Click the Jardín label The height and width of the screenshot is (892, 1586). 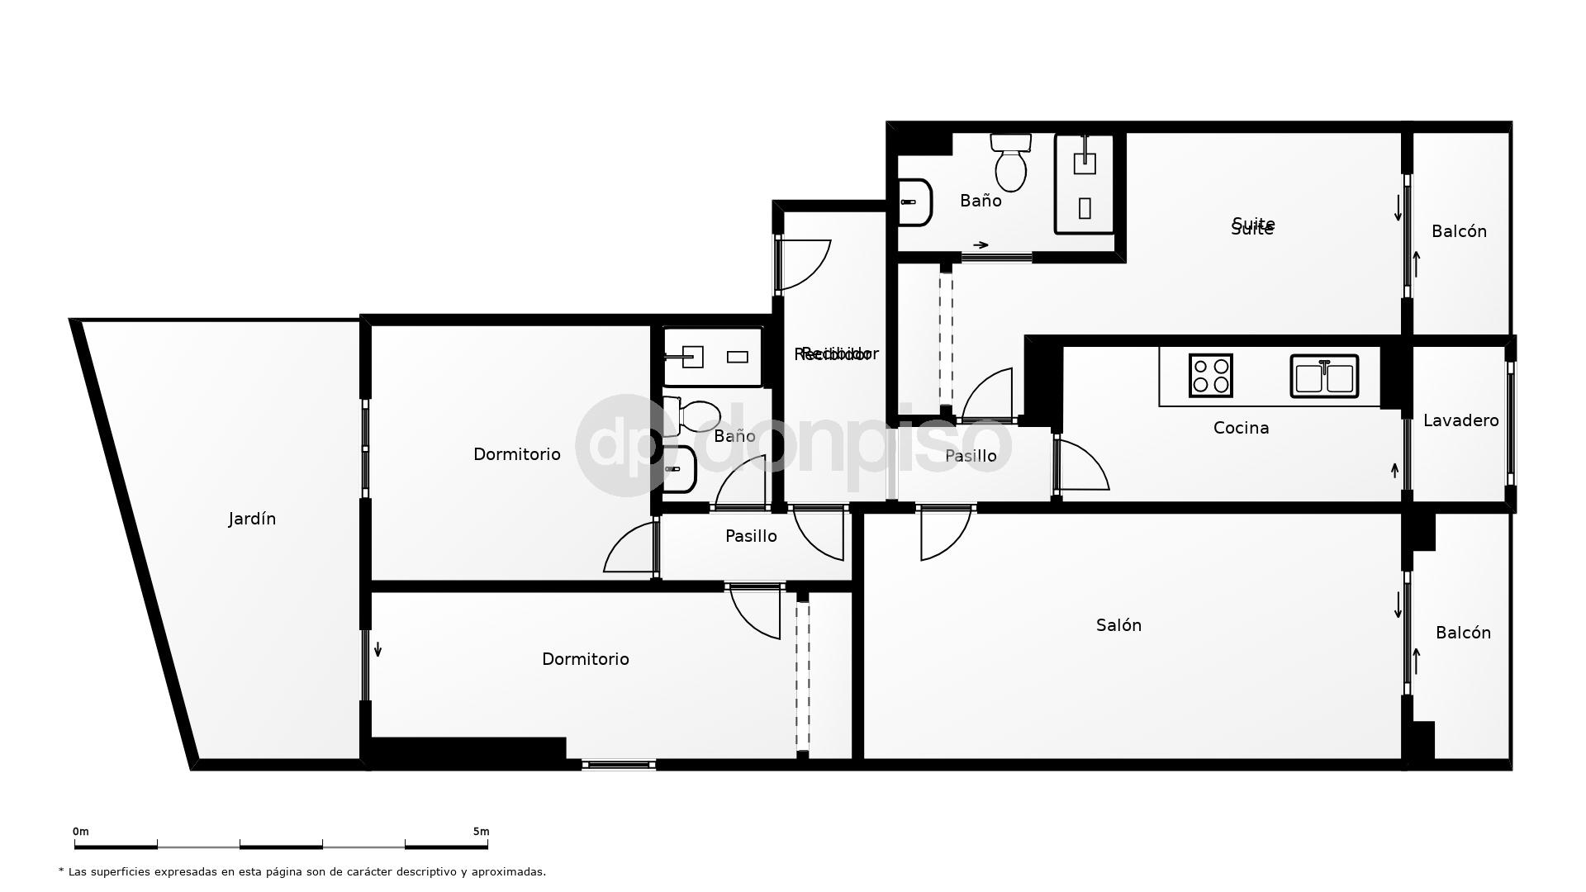pos(252,519)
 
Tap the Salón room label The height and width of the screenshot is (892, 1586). pos(1118,625)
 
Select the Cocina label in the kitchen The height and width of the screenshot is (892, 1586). pos(1241,428)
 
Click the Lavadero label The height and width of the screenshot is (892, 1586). pos(1460,420)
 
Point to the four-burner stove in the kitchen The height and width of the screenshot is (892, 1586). pos(1211,376)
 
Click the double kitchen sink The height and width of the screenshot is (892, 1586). pos(1324,377)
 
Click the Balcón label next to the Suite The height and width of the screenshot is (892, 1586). pos(1459,231)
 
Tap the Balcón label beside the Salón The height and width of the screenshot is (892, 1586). pos(1463,633)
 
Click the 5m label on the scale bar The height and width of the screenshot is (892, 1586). pos(481,832)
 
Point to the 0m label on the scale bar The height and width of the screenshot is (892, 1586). pos(80,832)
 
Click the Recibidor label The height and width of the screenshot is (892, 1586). pos(834,354)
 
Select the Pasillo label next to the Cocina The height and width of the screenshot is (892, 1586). pos(971,456)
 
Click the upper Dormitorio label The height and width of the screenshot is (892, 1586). pos(516,454)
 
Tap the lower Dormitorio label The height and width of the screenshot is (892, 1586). pos(585,659)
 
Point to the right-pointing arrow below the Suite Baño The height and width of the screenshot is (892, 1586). pos(981,244)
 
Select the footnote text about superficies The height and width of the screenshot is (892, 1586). pos(302,871)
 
